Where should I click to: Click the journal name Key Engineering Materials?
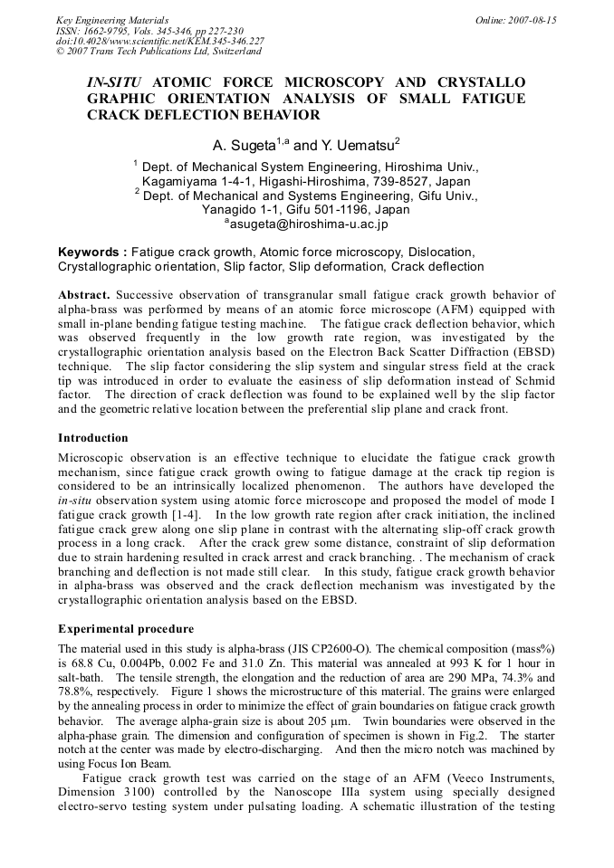tap(112, 20)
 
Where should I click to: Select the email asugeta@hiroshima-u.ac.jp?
tap(306, 223)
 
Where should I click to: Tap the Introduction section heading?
tap(93, 438)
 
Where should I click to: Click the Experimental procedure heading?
tap(126, 628)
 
